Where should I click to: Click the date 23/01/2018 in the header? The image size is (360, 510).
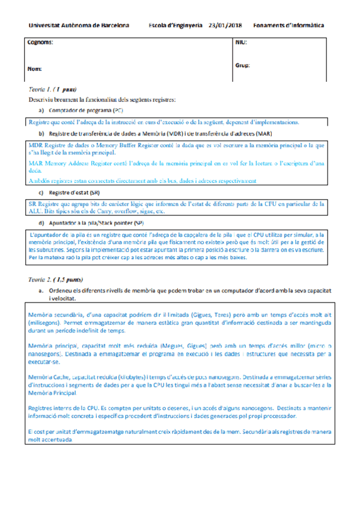tap(225, 26)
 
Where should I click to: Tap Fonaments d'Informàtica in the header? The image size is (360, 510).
tap(288, 26)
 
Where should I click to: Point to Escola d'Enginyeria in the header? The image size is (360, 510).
tap(175, 26)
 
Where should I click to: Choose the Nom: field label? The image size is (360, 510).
tap(34, 69)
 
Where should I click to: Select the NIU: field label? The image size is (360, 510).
tap(240, 43)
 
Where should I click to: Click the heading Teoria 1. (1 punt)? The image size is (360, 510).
tap(52, 89)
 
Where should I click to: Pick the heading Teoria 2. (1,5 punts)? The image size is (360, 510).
tap(56, 280)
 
